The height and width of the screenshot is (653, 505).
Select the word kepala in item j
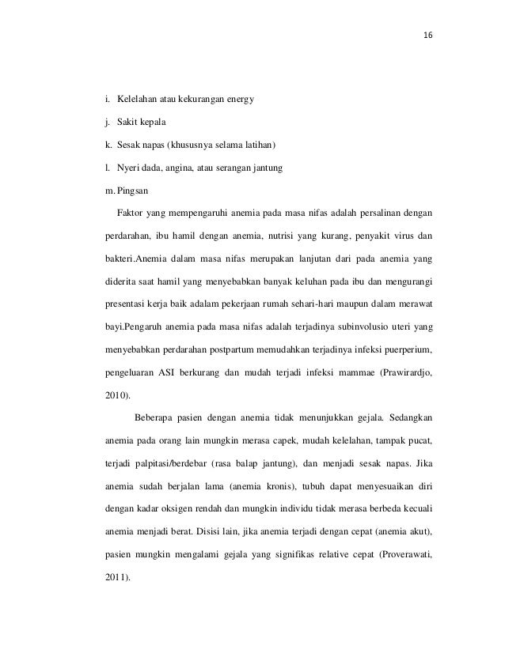coord(151,123)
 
